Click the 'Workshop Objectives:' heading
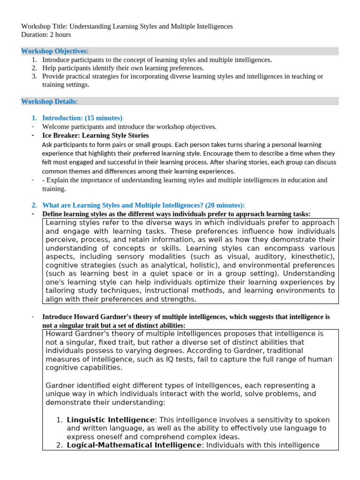pos(55,51)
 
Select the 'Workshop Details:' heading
pos(50,101)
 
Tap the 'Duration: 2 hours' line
pos(46,35)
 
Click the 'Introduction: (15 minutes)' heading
pos(82,118)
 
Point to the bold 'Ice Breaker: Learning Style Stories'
pos(96,135)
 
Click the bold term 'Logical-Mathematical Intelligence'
pos(134,445)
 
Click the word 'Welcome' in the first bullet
pos(55,127)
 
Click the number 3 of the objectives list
pos(34,76)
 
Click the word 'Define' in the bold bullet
pos(52,214)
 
